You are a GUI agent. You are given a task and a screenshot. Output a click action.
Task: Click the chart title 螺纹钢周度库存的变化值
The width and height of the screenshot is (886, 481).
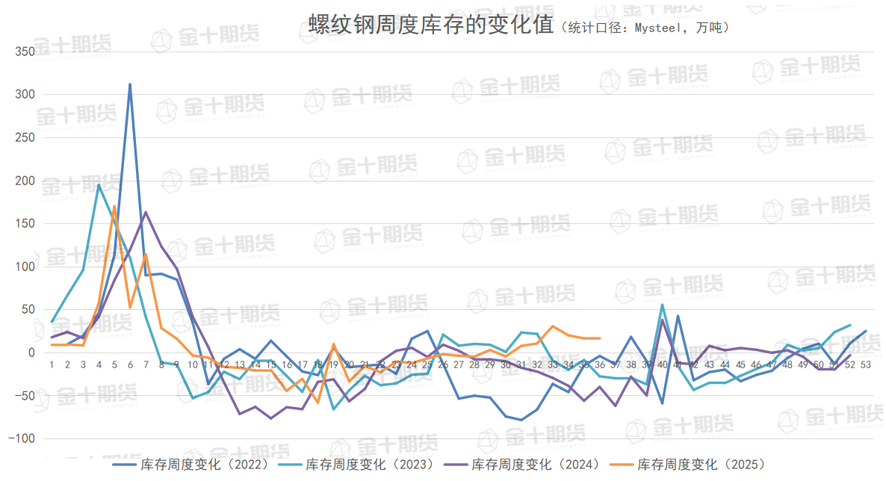(x=430, y=25)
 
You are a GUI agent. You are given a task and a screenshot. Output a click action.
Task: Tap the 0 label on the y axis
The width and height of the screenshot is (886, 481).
(x=32, y=353)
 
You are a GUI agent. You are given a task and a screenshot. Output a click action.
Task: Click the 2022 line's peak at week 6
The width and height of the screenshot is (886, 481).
(x=130, y=84)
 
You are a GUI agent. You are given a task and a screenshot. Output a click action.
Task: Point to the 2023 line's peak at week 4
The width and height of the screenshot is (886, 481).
(x=99, y=184)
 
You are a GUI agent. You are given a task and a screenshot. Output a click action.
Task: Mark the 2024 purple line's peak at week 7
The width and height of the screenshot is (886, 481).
(x=146, y=212)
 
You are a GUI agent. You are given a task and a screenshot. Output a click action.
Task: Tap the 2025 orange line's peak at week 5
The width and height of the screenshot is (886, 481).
(x=114, y=206)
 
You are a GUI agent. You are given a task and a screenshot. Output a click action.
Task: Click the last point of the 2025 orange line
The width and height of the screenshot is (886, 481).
(x=599, y=338)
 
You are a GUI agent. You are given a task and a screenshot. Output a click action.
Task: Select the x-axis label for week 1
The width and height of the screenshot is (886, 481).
(x=52, y=364)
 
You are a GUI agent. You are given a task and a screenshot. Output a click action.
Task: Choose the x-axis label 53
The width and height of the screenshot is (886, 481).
(x=865, y=364)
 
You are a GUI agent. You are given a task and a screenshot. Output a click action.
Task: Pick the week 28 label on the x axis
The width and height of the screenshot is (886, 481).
(x=474, y=364)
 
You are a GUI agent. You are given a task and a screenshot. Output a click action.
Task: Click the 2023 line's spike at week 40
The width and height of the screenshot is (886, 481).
(x=662, y=305)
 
